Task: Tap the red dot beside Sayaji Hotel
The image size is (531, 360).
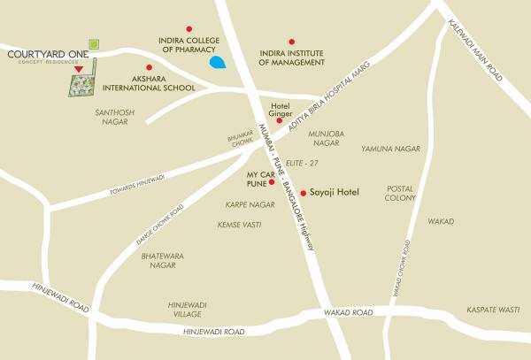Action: click(x=303, y=192)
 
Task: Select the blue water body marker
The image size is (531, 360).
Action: click(x=217, y=63)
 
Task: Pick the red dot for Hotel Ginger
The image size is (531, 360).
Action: click(x=280, y=120)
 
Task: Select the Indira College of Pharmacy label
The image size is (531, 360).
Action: click(x=189, y=46)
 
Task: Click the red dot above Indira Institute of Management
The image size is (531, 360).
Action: click(x=291, y=42)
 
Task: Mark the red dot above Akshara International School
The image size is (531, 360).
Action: click(x=149, y=67)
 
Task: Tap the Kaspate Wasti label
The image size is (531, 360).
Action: click(x=493, y=310)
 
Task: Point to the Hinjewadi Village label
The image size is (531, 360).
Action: click(x=187, y=310)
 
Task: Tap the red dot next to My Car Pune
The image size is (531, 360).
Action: click(x=272, y=182)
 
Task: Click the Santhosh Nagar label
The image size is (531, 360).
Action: click(x=112, y=118)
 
